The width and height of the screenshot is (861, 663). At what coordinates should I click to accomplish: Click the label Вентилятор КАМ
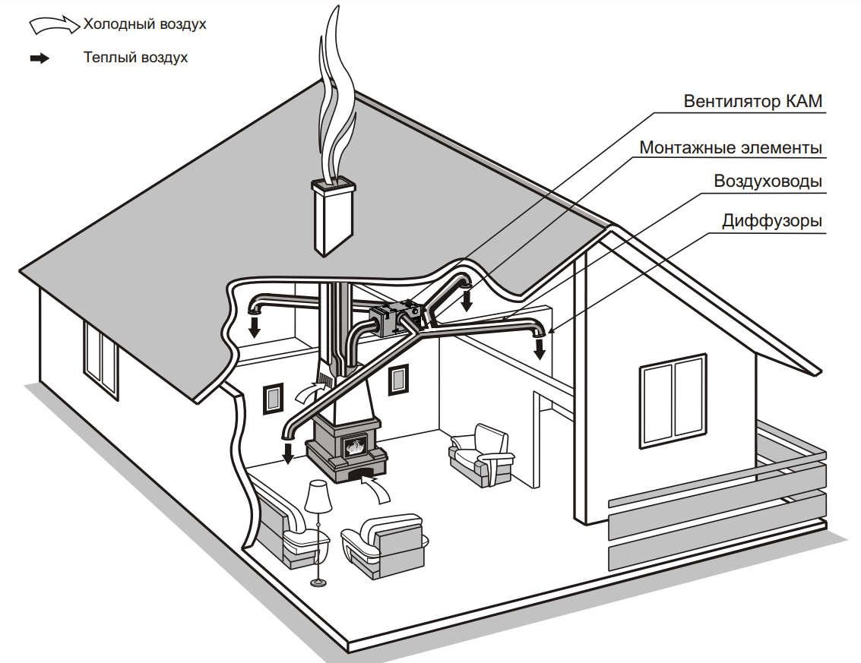coord(752,101)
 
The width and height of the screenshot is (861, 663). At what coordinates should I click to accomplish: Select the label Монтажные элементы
coord(730,147)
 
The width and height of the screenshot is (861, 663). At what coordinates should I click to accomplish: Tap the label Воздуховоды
coord(768,182)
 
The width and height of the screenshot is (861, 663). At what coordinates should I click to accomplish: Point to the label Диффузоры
coord(772,221)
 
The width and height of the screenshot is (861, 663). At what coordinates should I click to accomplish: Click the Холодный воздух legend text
coord(144,24)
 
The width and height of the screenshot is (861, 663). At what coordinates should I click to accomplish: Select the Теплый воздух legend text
coord(135,58)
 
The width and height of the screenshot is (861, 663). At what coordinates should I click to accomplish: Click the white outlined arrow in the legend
coord(54,26)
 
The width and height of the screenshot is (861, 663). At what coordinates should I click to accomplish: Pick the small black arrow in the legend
coord(40,58)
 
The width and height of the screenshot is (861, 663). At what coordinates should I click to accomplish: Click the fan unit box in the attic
coord(395,319)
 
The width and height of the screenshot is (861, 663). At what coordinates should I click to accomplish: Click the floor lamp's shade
coord(317,497)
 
